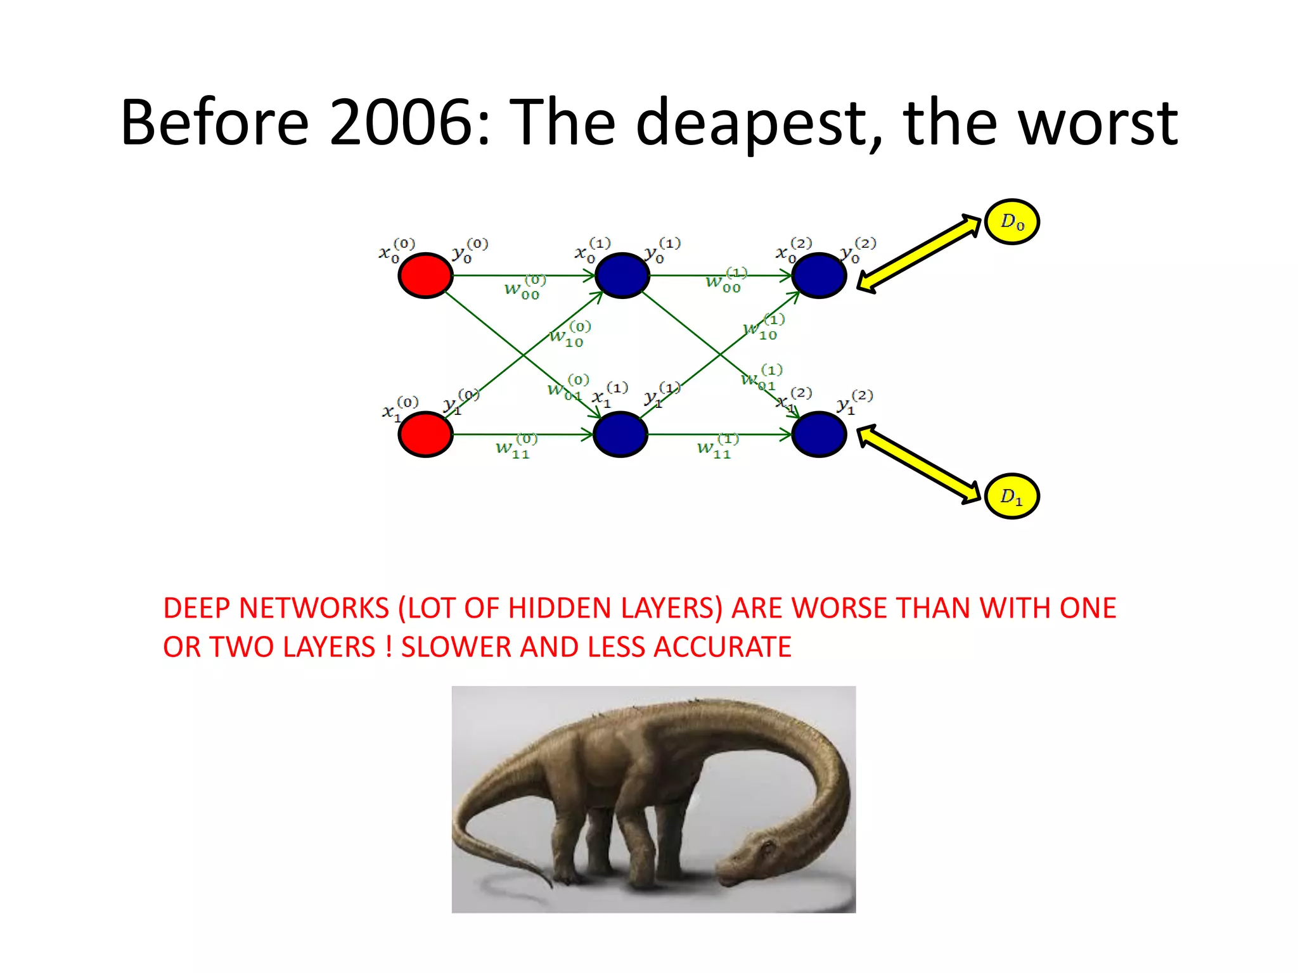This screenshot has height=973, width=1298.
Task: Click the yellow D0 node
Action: point(1012,222)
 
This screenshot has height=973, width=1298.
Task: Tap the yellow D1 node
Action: point(1012,496)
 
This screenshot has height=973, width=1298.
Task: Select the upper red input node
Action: point(425,276)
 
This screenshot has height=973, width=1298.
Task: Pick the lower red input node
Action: point(425,435)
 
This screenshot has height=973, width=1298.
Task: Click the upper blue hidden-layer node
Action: point(622,276)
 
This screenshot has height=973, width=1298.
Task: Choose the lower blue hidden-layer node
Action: point(620,435)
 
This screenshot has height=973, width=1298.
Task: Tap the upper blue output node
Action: point(819,276)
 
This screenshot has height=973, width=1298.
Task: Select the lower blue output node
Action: point(819,435)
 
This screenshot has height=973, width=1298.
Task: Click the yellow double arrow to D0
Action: point(919,253)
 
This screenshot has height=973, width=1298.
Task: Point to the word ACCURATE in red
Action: point(722,647)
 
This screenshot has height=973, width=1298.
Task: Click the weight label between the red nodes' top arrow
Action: point(524,288)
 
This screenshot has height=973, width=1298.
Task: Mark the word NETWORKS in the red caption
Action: point(314,608)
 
